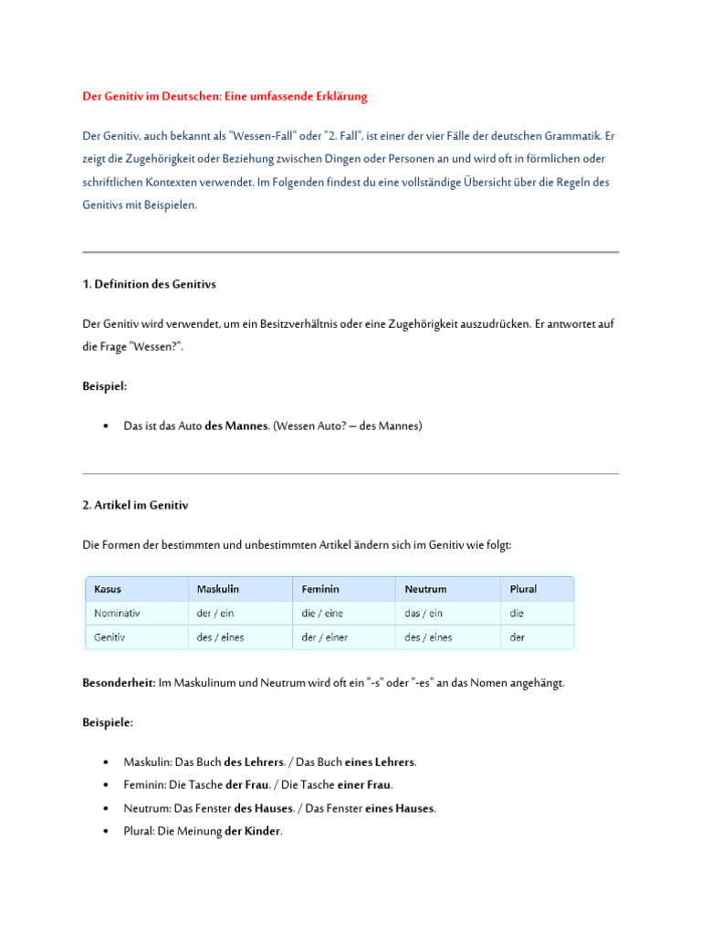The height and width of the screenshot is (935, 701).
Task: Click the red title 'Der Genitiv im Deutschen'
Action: (225, 96)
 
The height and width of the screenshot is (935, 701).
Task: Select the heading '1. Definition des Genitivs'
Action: (149, 284)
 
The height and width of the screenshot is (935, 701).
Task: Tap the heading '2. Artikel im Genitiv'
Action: (135, 505)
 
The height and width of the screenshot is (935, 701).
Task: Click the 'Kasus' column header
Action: (108, 589)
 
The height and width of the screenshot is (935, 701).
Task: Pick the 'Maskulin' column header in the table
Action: (218, 589)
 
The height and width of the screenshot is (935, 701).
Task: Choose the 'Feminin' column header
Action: (320, 589)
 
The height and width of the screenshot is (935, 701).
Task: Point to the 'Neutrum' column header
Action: (426, 589)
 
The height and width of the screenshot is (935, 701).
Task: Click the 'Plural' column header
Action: (523, 589)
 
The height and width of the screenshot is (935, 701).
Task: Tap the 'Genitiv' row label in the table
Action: (110, 637)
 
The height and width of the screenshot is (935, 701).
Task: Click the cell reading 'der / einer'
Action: (325, 637)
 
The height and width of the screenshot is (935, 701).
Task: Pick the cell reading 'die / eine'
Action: (321, 614)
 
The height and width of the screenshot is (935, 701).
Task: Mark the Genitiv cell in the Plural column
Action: (518, 637)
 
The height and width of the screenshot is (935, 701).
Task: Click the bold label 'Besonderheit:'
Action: (119, 683)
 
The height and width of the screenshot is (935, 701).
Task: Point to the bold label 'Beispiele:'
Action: (108, 722)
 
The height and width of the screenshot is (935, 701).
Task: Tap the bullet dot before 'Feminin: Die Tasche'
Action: (107, 784)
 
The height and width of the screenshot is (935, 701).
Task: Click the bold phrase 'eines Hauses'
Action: (400, 808)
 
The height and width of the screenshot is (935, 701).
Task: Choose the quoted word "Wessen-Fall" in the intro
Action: (263, 135)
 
